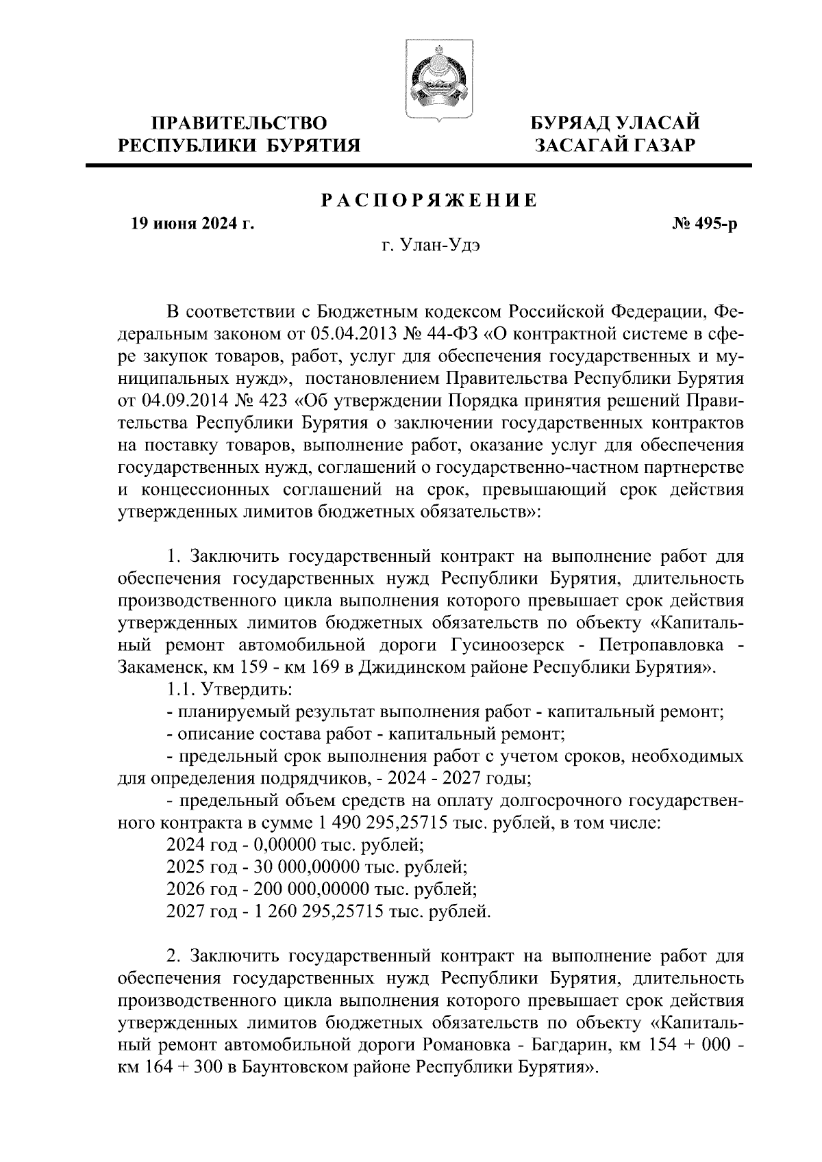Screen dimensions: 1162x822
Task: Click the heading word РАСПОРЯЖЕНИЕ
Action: [x=429, y=201]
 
